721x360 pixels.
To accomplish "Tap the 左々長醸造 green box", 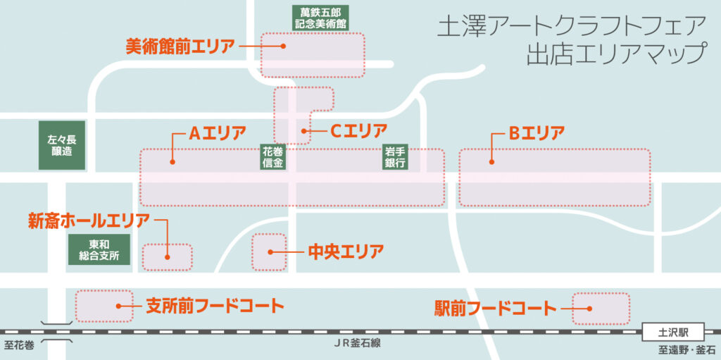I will tap(62, 146).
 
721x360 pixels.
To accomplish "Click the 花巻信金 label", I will tap(273, 158).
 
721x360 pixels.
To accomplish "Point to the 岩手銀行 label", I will tap(396, 158).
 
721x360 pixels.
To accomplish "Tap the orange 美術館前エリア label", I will tap(180, 46).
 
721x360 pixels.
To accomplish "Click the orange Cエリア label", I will tap(359, 131).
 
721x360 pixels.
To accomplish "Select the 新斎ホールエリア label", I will tap(89, 221).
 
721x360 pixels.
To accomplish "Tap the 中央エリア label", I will tap(345, 252).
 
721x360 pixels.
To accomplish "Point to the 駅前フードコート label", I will tap(495, 308).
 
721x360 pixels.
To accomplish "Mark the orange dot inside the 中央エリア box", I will tap(271, 252).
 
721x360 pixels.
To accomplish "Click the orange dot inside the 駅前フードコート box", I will tap(589, 308).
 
